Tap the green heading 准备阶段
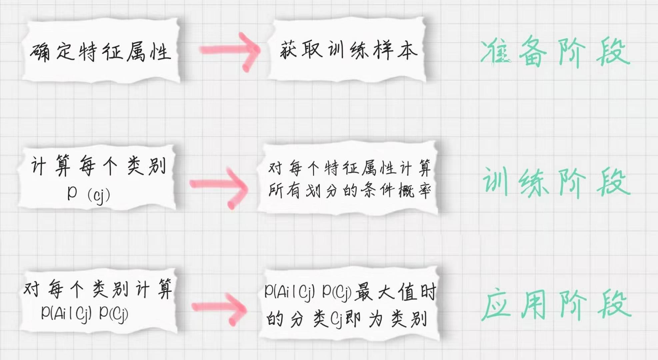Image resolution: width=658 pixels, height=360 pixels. (555, 52)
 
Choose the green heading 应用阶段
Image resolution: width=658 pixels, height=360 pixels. (556, 305)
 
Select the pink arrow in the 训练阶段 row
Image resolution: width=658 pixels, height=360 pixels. (219, 187)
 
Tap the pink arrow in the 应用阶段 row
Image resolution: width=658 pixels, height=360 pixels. (220, 309)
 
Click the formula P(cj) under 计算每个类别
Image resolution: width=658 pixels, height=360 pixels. (88, 194)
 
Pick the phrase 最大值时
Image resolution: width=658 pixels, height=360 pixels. (395, 293)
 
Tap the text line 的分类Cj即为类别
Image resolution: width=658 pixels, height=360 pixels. (347, 319)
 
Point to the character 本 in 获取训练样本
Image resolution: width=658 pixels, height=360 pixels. (407, 51)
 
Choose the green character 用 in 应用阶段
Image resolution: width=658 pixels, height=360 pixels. (533, 305)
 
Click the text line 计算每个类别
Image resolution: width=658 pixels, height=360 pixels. (98, 166)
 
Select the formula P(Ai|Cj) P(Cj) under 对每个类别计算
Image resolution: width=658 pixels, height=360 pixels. (85, 313)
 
